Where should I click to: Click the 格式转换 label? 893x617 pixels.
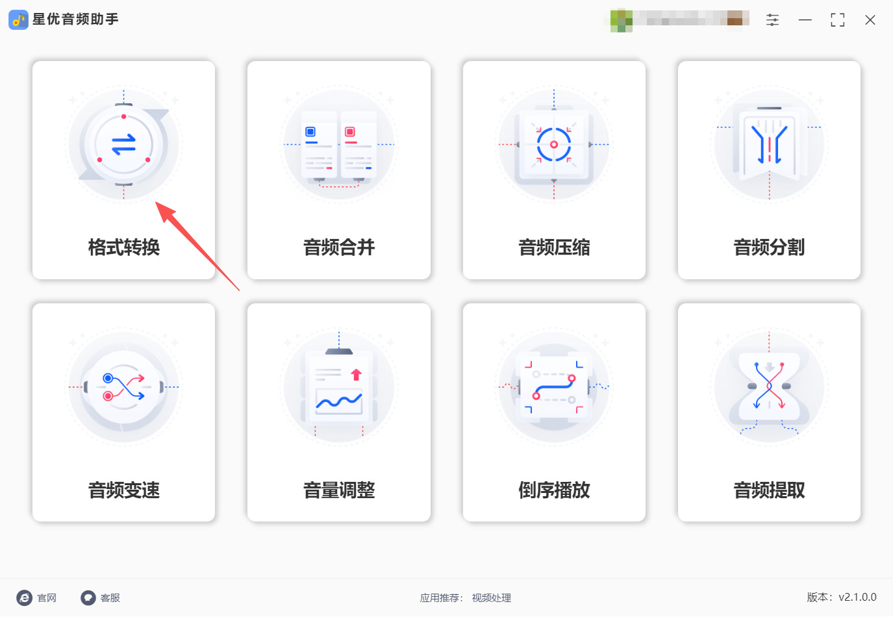(x=123, y=247)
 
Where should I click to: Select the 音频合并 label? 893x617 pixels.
(x=339, y=247)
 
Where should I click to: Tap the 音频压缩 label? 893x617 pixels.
(x=554, y=247)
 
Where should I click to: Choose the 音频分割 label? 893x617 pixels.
(x=769, y=247)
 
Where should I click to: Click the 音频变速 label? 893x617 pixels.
(x=123, y=490)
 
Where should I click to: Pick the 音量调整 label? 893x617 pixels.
(x=339, y=490)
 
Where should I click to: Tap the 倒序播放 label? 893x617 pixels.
(x=554, y=490)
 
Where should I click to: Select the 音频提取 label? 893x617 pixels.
(x=769, y=490)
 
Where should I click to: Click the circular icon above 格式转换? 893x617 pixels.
(x=123, y=145)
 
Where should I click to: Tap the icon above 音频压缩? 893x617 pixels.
(x=554, y=145)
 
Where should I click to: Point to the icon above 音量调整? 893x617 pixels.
(x=339, y=388)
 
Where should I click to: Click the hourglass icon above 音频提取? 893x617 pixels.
(x=769, y=388)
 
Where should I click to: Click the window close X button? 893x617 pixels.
(x=870, y=20)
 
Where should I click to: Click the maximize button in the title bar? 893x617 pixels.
(x=838, y=20)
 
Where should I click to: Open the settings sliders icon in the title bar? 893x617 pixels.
(x=772, y=20)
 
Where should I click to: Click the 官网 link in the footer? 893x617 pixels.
(x=38, y=598)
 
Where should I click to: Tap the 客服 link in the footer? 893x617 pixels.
(x=101, y=598)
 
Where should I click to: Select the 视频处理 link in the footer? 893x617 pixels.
(x=492, y=598)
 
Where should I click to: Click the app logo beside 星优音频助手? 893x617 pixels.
(x=18, y=19)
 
